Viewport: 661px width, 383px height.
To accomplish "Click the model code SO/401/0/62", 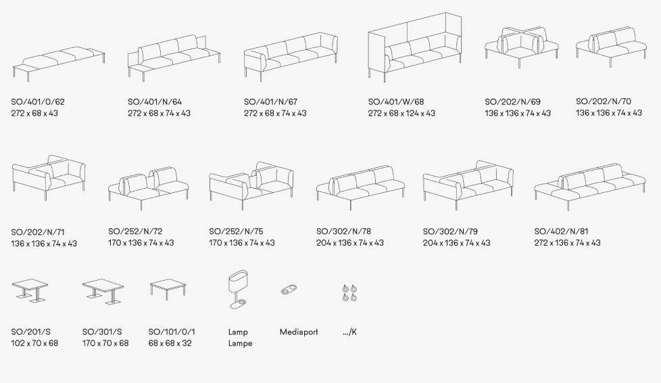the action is pos(38,102).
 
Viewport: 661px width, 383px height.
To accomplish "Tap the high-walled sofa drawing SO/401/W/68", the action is pos(415,47).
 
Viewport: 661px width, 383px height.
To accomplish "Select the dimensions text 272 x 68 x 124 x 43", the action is pos(401,113).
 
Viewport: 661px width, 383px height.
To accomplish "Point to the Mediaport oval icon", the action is pos(289,290).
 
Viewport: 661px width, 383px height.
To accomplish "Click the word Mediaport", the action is pos(299,332).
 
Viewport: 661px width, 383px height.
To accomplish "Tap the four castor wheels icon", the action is pos(349,293).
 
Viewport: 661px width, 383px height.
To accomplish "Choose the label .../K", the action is pos(349,332).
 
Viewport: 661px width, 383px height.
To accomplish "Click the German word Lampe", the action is pos(241,343).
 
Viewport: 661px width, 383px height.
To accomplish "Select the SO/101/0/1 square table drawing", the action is pos(168,289).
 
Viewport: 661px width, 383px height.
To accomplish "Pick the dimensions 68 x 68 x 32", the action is pos(170,343).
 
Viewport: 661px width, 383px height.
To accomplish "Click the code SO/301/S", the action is pos(102,332).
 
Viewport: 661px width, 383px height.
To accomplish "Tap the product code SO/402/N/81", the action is pos(561,231).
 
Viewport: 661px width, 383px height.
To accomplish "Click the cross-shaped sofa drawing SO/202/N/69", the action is pos(522,47).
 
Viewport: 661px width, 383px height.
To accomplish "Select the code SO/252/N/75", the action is pos(236,231).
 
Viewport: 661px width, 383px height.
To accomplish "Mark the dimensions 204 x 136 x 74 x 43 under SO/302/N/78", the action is pos(350,243).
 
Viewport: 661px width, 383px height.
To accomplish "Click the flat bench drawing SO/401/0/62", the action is pos(59,63).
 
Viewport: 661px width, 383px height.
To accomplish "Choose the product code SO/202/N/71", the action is pos(38,232).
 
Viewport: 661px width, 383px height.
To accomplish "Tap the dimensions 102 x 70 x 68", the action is pos(34,343).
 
